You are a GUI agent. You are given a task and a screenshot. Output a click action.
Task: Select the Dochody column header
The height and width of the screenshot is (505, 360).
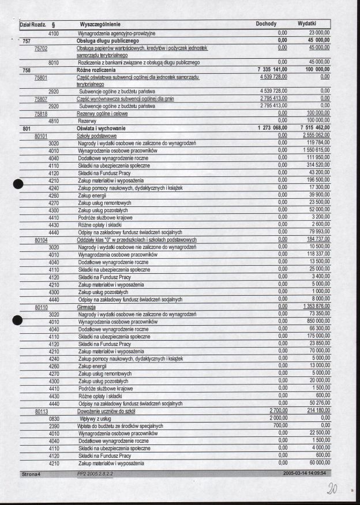[x=266, y=25]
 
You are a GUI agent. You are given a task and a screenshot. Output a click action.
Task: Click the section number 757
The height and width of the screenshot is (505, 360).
[x=26, y=42]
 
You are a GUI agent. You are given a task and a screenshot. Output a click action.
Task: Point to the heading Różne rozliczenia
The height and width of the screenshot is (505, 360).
[x=101, y=69]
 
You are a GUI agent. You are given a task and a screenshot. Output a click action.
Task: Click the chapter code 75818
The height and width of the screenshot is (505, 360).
[x=40, y=114]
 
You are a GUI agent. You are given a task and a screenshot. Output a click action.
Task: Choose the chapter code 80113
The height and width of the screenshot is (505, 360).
[x=40, y=410]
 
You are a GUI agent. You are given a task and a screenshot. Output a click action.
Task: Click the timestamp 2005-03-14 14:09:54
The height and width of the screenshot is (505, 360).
[x=305, y=473]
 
